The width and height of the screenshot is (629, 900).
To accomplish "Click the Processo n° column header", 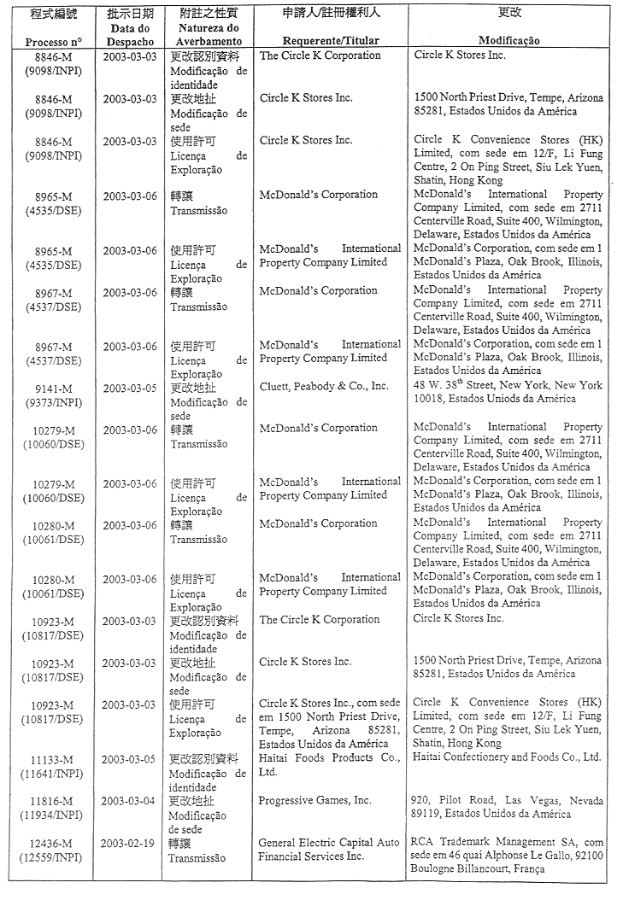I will pyautogui.click(x=53, y=41).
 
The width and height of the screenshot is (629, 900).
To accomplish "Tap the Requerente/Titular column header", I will pyautogui.click(x=330, y=41).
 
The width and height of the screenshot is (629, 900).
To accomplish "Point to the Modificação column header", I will pyautogui.click(x=508, y=41).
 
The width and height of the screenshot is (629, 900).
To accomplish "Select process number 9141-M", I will pyautogui.click(x=53, y=386).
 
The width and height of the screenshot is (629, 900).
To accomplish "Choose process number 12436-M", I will pyautogui.click(x=53, y=844).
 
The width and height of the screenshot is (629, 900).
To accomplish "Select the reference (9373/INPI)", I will pyautogui.click(x=53, y=400).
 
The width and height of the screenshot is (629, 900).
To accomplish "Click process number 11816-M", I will pyautogui.click(x=53, y=801).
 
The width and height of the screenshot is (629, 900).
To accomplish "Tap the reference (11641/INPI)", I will pyautogui.click(x=53, y=773).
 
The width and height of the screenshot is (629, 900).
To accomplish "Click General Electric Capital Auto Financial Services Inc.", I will pyautogui.click(x=329, y=850).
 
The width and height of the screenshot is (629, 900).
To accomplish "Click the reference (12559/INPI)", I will pyautogui.click(x=53, y=857).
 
